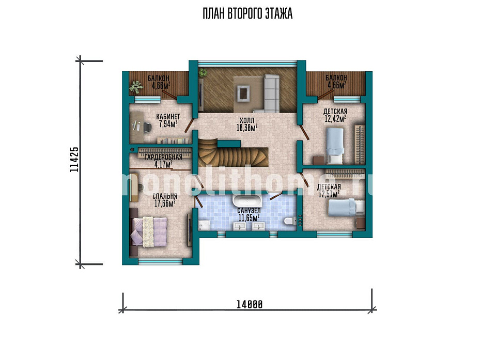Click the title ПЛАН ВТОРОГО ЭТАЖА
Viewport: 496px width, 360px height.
click(247, 14)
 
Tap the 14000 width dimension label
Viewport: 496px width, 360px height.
click(250, 304)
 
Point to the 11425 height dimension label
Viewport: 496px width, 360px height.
click(74, 160)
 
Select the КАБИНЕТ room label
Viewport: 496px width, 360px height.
click(168, 117)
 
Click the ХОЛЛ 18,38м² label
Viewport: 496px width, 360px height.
click(247, 124)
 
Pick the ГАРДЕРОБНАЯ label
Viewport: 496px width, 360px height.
click(163, 157)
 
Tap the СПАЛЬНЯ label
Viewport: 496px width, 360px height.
click(164, 196)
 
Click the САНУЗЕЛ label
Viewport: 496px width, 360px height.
click(249, 211)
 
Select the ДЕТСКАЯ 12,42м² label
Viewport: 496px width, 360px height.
click(335, 115)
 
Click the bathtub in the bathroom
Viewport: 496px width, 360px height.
click(247, 200)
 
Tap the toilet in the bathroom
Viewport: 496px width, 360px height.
click(290, 221)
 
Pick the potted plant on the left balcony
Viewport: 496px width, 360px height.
click(136, 87)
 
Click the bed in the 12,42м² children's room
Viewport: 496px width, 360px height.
click(335, 146)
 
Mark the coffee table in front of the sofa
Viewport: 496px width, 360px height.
click(243, 93)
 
